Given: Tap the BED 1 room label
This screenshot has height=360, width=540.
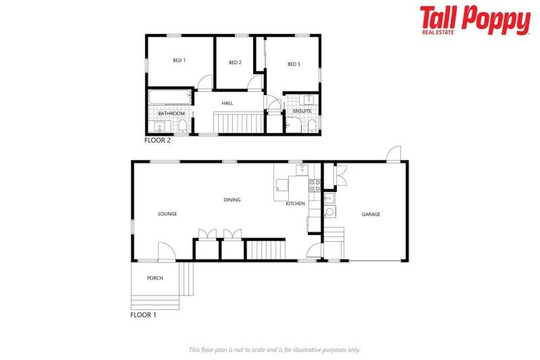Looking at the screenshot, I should click(179, 60).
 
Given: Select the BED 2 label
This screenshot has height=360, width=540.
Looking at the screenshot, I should click(235, 63).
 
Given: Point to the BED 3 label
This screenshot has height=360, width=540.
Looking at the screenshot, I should click(294, 64).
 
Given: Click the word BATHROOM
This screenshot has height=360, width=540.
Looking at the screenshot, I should click(171, 113).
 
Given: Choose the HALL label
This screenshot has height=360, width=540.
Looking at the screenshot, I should click(227, 103).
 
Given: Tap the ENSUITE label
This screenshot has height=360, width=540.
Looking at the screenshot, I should click(302, 111).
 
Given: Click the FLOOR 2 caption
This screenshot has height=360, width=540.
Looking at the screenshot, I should click(157, 140).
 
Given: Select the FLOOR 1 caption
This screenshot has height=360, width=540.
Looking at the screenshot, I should click(143, 315).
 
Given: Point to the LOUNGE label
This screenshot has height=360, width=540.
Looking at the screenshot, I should click(167, 214).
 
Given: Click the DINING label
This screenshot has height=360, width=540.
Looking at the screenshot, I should click(232, 200).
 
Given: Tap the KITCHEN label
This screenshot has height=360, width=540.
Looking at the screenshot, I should click(295, 204).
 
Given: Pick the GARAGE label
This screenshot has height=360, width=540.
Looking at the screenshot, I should click(371, 214).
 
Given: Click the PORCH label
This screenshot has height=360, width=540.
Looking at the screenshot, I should click(155, 278).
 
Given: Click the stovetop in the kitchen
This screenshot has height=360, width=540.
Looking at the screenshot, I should click(315, 186).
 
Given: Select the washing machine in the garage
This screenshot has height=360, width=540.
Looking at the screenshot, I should click(329, 211).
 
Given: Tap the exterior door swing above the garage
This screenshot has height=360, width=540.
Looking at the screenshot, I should click(394, 154).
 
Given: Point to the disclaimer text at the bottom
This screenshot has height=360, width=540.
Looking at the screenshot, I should click(274, 349).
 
